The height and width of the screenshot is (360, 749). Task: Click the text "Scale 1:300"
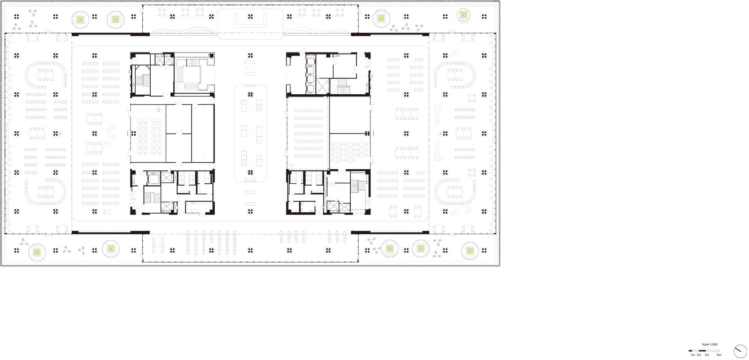709,344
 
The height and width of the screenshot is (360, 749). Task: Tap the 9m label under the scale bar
719,355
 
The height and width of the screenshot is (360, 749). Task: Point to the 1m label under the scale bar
693,355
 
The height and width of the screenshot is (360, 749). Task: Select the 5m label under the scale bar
707,355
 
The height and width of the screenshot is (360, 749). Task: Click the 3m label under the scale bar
699,355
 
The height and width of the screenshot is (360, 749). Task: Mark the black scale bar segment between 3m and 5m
702,351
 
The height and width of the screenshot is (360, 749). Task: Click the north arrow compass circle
740,352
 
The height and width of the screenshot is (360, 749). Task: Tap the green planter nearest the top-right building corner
463,15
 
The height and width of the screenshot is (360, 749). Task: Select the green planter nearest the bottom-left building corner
37,252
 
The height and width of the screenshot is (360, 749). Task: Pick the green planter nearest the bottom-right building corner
470,251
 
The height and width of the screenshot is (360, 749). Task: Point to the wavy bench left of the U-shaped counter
184,32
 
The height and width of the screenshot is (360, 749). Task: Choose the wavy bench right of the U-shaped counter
317,32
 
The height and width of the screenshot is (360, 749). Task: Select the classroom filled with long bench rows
308,133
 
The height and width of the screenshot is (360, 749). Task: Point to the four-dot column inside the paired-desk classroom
133,134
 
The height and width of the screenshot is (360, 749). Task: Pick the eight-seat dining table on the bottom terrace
158,245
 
